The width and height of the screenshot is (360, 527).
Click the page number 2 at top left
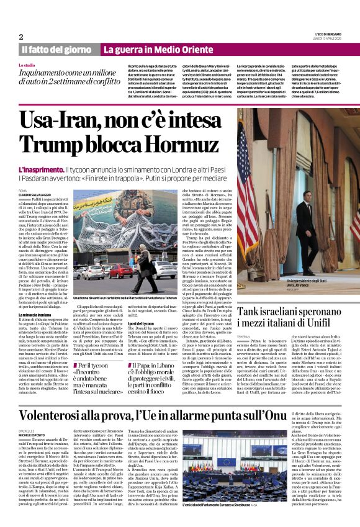(21, 37)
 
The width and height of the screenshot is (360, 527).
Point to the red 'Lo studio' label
(27, 65)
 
